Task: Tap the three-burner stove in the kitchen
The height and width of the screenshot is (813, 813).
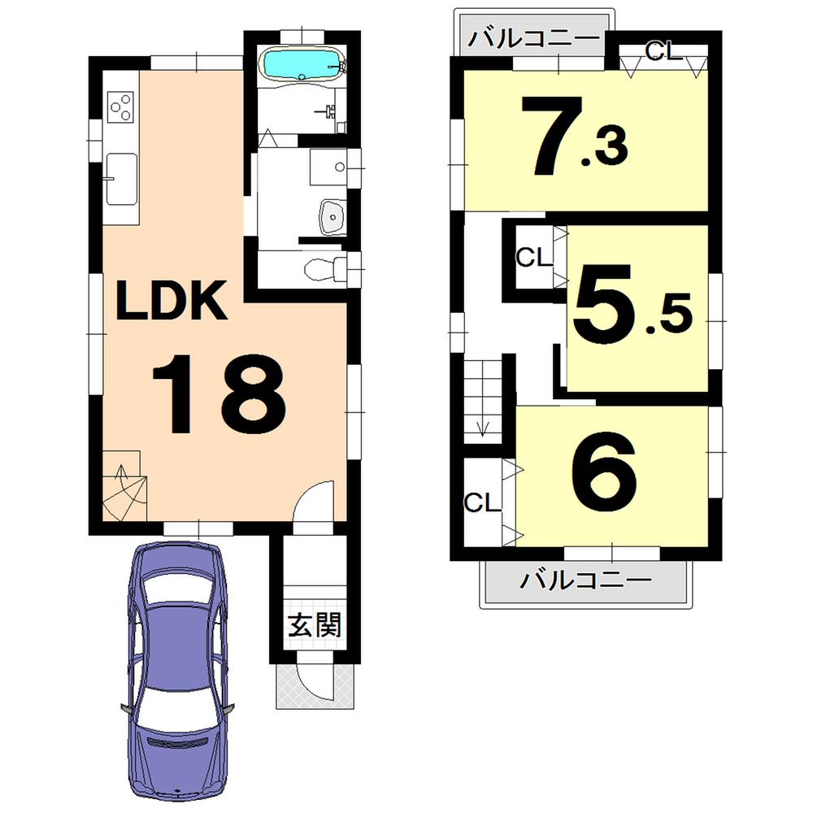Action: point(120,107)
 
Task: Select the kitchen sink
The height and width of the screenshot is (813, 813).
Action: point(120,178)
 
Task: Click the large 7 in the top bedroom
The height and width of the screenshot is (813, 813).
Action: point(549,136)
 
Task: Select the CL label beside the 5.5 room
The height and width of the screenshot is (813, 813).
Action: point(533,258)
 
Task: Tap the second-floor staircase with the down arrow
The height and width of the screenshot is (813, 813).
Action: point(485,403)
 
